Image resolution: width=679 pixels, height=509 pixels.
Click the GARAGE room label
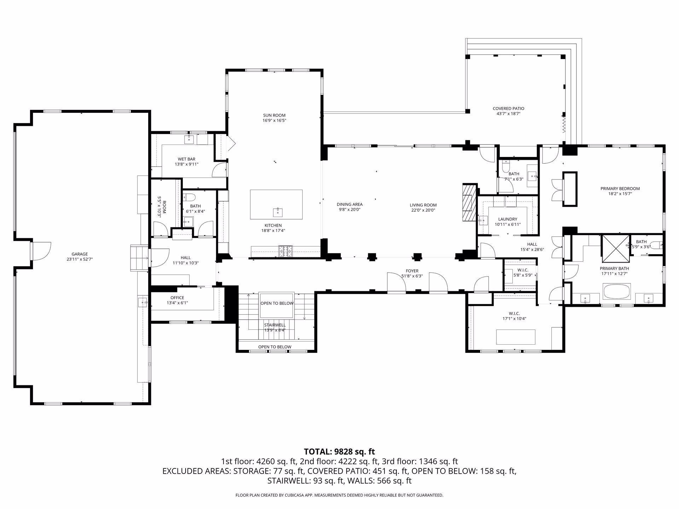[x=80, y=254]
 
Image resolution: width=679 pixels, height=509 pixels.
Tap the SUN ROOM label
[x=274, y=115]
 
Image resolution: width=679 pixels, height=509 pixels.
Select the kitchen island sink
[x=278, y=212]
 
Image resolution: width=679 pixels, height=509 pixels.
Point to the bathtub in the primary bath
[x=617, y=292]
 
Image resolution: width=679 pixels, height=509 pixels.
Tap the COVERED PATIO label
[x=509, y=109]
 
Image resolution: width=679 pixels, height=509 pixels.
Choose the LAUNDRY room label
[x=507, y=219]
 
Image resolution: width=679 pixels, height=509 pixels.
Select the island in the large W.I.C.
[x=516, y=337]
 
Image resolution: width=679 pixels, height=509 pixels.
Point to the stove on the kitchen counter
[x=286, y=251]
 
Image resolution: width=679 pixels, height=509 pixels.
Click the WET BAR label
[x=186, y=159]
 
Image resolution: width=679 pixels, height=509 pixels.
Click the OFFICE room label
[x=177, y=298]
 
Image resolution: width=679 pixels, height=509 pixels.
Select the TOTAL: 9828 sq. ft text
[x=339, y=451]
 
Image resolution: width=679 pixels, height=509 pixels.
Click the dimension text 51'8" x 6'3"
[x=412, y=276]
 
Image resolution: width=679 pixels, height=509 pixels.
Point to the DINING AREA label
[x=349, y=204]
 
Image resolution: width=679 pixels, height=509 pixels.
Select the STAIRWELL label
[x=275, y=325]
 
